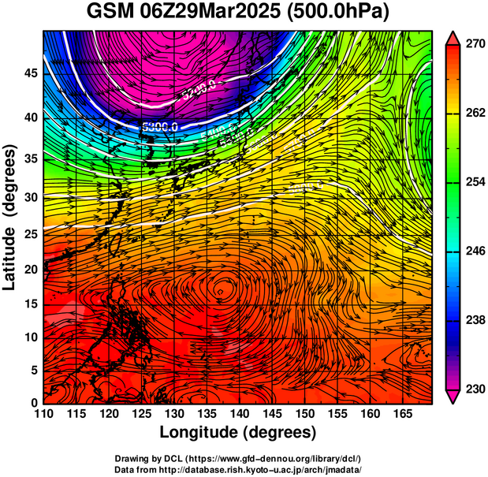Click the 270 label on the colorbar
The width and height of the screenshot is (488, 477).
pyautogui.click(x=472, y=45)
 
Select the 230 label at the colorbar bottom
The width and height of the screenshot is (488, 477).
pyautogui.click(x=472, y=389)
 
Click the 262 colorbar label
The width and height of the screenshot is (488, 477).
pyautogui.click(x=472, y=114)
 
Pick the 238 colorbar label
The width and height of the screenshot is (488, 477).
pyautogui.click(x=472, y=320)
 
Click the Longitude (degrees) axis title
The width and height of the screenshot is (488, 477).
pyautogui.click(x=238, y=432)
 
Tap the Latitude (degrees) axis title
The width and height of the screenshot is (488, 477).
pyautogui.click(x=10, y=218)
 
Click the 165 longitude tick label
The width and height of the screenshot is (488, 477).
pyautogui.click(x=400, y=413)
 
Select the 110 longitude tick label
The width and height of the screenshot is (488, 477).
pyautogui.click(x=43, y=413)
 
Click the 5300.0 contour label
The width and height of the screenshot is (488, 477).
pyautogui.click(x=160, y=126)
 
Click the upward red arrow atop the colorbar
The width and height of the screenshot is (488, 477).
pyautogui.click(x=453, y=37)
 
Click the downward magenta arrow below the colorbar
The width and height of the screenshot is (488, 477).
pyautogui.click(x=453, y=397)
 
